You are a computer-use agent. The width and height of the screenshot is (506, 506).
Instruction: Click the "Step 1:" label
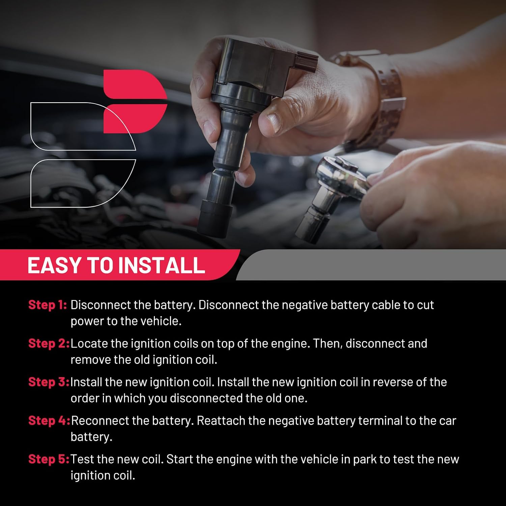(48, 305)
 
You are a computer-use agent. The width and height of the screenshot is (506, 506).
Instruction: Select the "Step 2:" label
(49, 343)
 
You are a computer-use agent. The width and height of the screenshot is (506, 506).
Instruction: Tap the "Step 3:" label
(49, 382)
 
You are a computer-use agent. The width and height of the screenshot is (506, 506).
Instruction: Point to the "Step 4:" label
(49, 421)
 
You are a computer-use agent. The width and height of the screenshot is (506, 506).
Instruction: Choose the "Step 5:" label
(49, 459)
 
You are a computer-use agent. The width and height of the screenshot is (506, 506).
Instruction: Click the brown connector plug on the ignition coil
(306, 62)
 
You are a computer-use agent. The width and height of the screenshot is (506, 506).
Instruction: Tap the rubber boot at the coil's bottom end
(215, 218)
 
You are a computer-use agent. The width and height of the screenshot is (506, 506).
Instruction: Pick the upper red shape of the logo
(135, 84)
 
